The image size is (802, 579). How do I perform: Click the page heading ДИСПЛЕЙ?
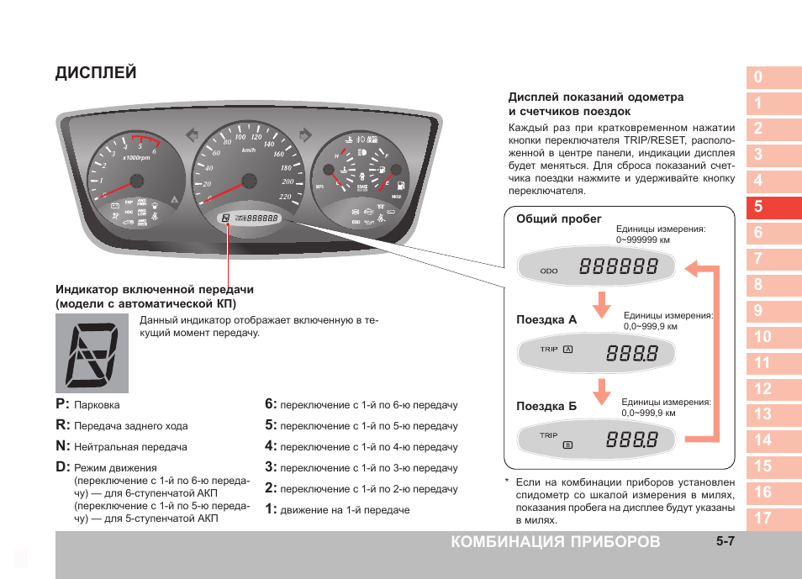(96, 72)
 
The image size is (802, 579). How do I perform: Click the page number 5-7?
(726, 542)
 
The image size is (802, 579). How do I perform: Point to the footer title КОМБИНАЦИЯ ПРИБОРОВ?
(555, 542)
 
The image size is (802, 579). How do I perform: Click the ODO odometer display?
(596, 268)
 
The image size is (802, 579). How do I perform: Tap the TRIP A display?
(596, 354)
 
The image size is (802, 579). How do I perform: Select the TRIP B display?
(596, 440)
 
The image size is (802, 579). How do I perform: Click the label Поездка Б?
(546, 407)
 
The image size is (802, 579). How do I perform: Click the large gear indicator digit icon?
(92, 353)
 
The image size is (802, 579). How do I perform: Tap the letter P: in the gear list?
(63, 404)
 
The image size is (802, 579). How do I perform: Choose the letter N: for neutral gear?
(63, 446)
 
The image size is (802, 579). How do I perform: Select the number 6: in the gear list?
(271, 404)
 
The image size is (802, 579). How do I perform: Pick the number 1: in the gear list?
(271, 509)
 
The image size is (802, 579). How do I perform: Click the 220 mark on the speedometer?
(284, 197)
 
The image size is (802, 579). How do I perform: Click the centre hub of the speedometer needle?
(248, 180)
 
